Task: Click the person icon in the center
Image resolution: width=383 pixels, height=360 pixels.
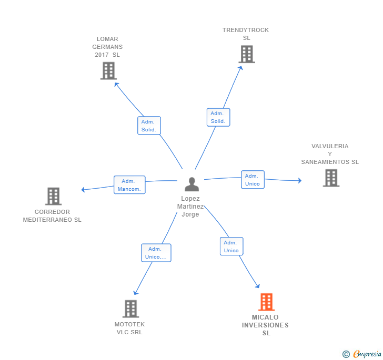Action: click(192, 184)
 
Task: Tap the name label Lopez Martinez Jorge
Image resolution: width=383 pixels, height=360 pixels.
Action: click(190, 207)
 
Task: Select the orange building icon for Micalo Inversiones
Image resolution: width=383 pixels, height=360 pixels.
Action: click(266, 302)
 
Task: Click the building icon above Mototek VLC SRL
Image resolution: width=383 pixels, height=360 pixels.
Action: click(130, 308)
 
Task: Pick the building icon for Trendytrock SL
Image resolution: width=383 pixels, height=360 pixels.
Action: click(246, 54)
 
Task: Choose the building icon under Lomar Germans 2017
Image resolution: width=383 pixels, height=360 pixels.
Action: click(108, 70)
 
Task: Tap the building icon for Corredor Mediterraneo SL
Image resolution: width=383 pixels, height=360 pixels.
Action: click(53, 196)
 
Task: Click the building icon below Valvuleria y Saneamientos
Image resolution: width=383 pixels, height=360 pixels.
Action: click(330, 178)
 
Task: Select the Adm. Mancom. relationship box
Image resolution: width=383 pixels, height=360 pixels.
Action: click(129, 185)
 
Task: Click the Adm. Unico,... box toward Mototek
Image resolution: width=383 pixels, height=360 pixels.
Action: click(156, 253)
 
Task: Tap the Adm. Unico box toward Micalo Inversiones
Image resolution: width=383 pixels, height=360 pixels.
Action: click(231, 246)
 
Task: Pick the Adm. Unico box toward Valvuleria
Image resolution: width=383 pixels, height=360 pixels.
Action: click(253, 180)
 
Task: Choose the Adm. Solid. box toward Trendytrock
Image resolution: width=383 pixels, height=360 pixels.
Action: click(218, 117)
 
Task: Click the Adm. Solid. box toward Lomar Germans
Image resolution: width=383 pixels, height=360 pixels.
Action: click(149, 126)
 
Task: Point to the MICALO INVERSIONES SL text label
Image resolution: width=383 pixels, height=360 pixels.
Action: click(266, 325)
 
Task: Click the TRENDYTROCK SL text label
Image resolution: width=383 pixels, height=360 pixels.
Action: click(246, 34)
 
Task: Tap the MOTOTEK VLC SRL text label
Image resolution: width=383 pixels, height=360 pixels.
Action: click(129, 328)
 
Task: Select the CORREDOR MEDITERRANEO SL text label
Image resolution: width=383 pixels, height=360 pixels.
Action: click(52, 216)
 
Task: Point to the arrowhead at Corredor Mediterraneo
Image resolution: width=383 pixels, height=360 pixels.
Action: click(83, 190)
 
